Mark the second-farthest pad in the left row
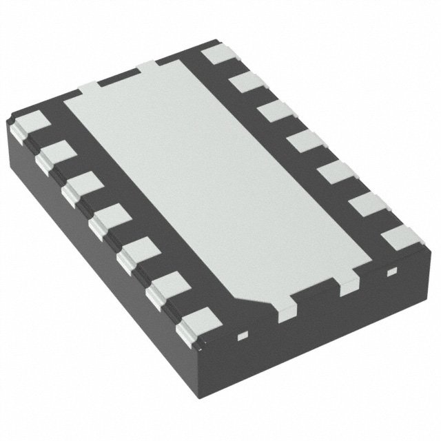[53, 154]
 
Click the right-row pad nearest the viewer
[400, 237]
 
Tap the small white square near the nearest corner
[241, 337]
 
